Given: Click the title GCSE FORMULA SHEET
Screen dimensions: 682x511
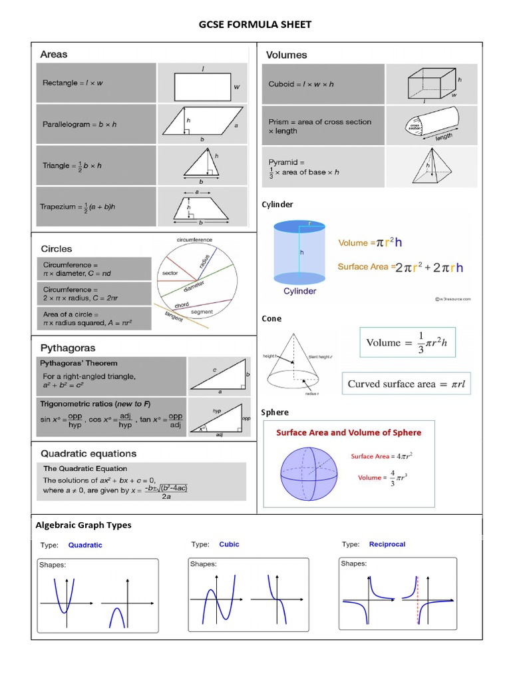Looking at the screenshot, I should click(x=255, y=25).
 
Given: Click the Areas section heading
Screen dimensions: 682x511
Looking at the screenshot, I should click(x=54, y=54).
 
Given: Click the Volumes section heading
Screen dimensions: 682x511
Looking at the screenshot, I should click(x=287, y=55).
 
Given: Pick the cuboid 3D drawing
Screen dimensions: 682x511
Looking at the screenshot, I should click(x=432, y=85).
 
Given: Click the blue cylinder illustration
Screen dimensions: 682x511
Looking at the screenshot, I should click(x=299, y=254).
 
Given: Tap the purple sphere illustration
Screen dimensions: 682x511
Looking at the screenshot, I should click(x=309, y=467).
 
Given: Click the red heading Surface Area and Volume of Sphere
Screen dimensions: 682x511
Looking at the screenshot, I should click(x=349, y=432).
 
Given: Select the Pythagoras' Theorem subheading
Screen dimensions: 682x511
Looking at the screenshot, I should click(x=79, y=363).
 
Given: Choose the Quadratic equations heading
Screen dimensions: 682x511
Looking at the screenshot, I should click(x=88, y=454).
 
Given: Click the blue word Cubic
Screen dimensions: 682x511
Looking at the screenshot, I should click(x=229, y=544).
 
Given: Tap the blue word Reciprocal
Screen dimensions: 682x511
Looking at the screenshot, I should click(x=387, y=544).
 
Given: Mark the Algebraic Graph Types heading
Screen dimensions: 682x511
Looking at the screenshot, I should click(x=83, y=525).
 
